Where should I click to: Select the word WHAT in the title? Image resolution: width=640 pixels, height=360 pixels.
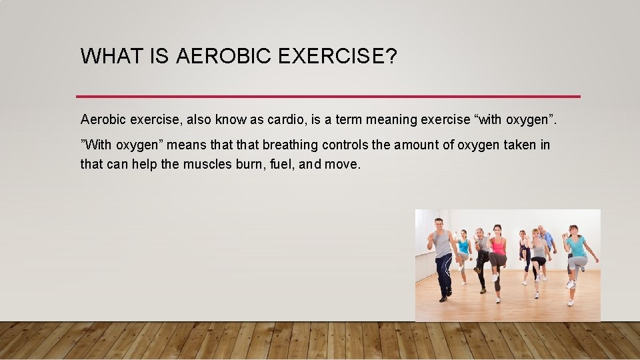click(x=113, y=57)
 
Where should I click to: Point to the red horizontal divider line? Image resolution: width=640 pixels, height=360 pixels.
click(x=328, y=96)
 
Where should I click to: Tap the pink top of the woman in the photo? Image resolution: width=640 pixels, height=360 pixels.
click(x=497, y=246)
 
